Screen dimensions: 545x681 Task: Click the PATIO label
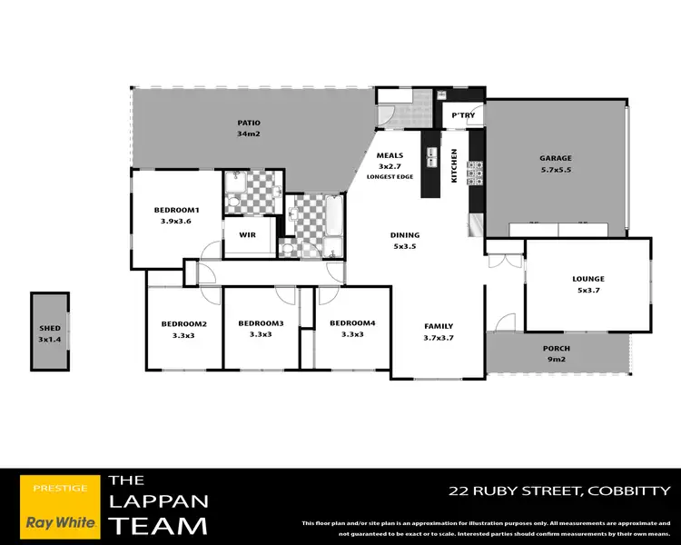(249, 123)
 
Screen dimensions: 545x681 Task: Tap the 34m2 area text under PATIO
(249, 134)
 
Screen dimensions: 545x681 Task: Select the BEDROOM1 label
(176, 211)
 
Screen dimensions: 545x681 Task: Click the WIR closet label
(247, 234)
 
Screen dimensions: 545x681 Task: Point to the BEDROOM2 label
(184, 324)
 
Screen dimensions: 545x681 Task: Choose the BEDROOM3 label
(262, 324)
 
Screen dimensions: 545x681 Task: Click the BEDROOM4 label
(352, 323)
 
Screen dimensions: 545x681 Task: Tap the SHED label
(49, 328)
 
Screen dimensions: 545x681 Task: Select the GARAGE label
(555, 158)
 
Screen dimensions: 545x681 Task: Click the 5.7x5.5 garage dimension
(555, 170)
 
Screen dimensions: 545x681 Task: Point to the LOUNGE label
(588, 279)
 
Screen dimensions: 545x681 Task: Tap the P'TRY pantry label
(463, 115)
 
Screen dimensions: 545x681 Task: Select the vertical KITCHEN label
(455, 165)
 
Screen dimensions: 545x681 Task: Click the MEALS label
(390, 155)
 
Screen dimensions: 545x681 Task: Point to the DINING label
(404, 234)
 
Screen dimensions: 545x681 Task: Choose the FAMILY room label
(438, 326)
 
